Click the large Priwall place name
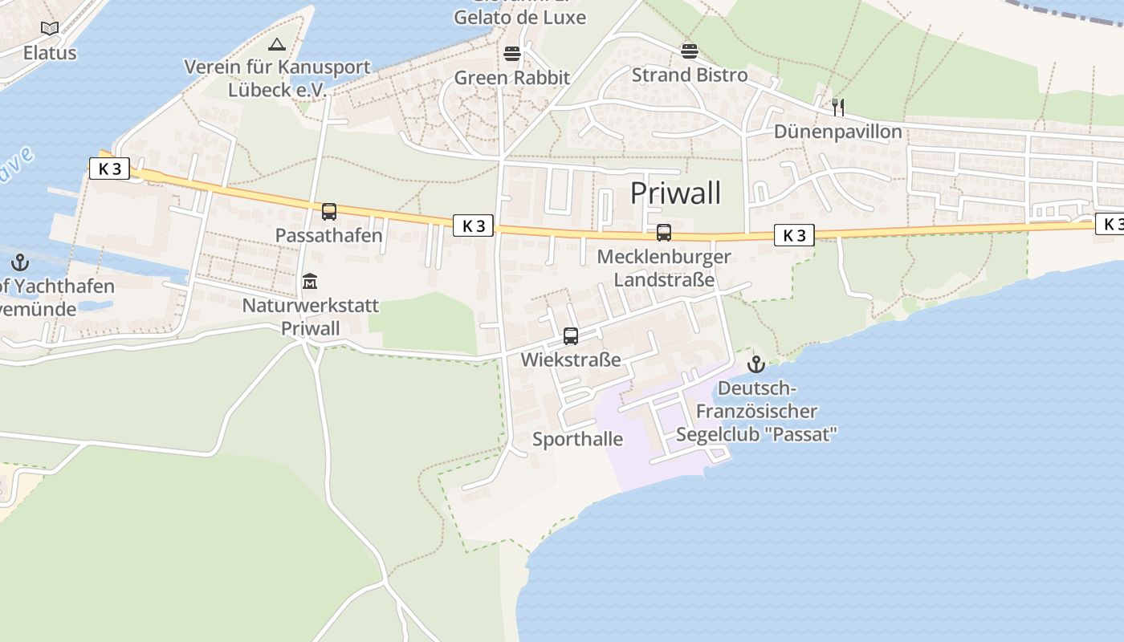(675, 193)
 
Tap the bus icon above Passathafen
(329, 212)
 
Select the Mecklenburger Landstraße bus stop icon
(664, 233)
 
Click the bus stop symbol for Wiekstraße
(571, 336)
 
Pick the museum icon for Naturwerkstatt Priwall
(310, 282)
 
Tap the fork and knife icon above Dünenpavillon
(838, 108)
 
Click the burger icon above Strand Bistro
(690, 52)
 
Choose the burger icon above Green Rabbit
(512, 55)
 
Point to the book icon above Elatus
(50, 29)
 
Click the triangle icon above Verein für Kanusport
(277, 44)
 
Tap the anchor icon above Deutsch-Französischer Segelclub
(755, 364)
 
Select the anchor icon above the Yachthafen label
(20, 262)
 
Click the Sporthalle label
(578, 439)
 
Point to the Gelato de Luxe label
(519, 17)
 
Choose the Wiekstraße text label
(571, 360)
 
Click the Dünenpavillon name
(838, 132)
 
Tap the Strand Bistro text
(690, 75)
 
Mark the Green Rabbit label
(512, 78)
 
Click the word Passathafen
(329, 236)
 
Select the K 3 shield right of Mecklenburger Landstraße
(794, 235)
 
